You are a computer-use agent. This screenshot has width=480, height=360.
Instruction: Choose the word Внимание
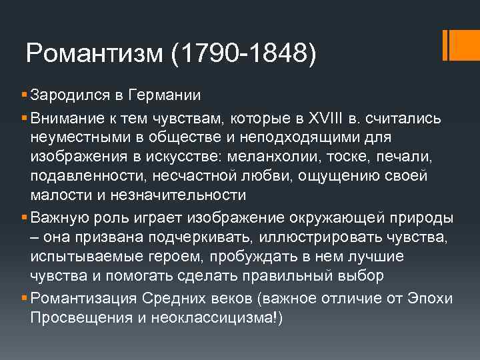click(x=63, y=118)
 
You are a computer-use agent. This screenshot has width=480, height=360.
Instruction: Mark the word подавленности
click(x=89, y=176)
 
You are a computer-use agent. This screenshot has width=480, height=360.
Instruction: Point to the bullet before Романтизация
click(x=24, y=299)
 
